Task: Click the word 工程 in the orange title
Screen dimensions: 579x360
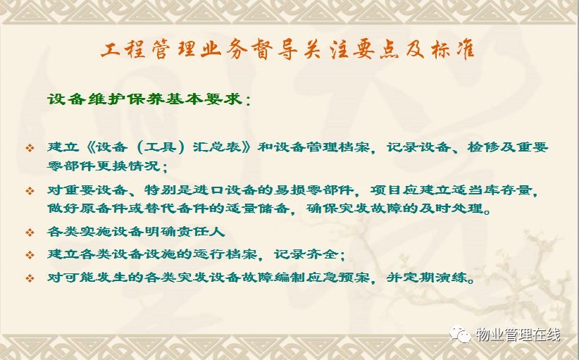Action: (123, 49)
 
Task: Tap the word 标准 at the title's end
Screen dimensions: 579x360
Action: (453, 49)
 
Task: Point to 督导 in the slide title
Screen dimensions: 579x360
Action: (275, 49)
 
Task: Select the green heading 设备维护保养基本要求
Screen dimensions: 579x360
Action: (145, 99)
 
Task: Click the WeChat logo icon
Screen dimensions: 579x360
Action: (460, 334)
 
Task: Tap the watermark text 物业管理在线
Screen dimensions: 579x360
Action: (518, 335)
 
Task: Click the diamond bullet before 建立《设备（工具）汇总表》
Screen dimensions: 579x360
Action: (30, 148)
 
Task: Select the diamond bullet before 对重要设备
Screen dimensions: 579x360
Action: (30, 191)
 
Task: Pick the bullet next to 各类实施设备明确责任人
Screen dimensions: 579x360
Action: (30, 232)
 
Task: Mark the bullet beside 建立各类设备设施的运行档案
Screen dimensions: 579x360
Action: (30, 255)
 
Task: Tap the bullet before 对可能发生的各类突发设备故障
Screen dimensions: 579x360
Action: (30, 278)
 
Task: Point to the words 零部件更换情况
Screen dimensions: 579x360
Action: (104, 166)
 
